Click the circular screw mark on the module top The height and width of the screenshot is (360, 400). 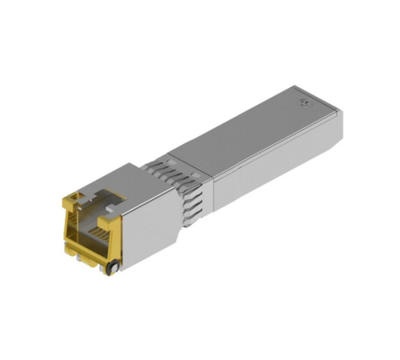(x=305, y=102)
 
